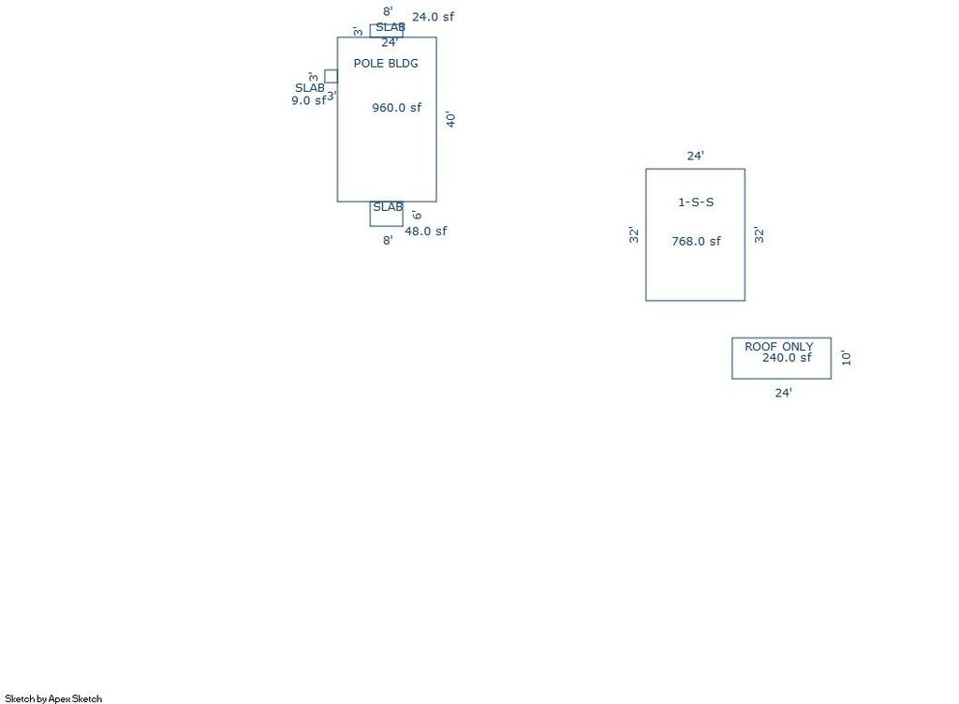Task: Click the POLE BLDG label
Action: [386, 64]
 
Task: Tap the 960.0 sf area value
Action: [397, 108]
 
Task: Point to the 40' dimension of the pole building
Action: [450, 119]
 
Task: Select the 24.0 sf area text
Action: [434, 17]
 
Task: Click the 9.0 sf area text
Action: [308, 100]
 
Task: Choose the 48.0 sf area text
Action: [425, 232]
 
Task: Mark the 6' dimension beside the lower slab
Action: [417, 215]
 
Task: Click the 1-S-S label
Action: [696, 202]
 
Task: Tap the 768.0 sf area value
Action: [696, 241]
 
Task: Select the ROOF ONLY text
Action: [779, 347]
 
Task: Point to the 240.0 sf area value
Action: [787, 358]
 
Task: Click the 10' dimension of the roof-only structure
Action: [846, 357]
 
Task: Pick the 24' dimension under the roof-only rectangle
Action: [783, 393]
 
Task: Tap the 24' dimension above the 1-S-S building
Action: [695, 157]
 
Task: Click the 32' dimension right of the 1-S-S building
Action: [760, 235]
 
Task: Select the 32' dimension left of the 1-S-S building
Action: [634, 235]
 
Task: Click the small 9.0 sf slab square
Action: [331, 76]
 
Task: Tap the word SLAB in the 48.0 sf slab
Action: [388, 207]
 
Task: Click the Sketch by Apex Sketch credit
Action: [53, 698]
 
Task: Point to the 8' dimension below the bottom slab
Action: [387, 240]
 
